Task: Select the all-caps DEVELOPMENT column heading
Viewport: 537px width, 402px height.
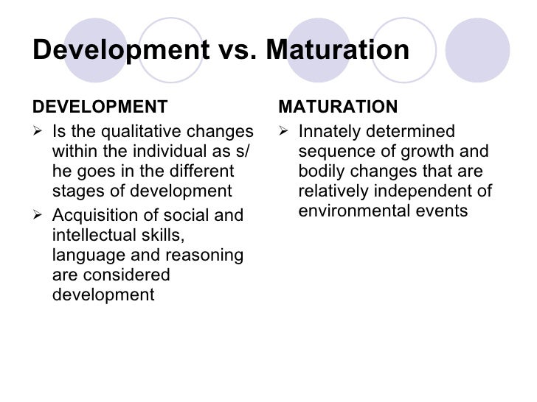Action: [x=100, y=107]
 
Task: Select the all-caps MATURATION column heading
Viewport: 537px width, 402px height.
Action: [x=338, y=107]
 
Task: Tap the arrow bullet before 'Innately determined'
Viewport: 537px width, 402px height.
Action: [x=285, y=133]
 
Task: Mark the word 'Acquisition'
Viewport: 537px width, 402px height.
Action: [x=93, y=215]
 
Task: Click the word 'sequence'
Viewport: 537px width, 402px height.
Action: [x=333, y=152]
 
